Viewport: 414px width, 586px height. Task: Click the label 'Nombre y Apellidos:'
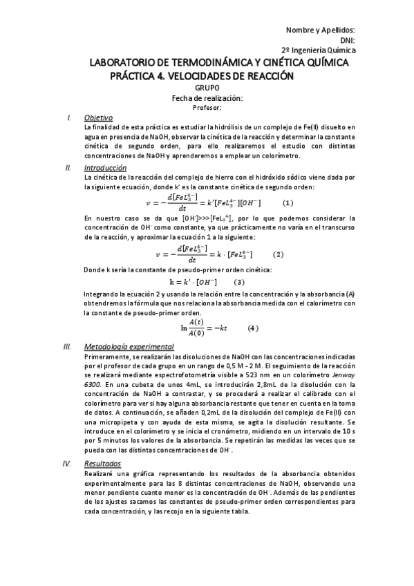(321, 30)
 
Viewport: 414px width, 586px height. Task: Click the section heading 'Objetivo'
(98, 117)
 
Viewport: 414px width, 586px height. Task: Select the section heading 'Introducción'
(105, 168)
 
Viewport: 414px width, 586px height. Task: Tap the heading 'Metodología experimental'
(129, 346)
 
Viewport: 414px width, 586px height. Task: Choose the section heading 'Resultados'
(102, 464)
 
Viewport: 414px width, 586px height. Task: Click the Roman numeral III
(67, 346)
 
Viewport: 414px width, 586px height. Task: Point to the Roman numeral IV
(68, 464)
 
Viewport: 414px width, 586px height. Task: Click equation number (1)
(288, 203)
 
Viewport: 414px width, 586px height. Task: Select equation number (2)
(279, 254)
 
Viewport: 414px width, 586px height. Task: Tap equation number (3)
(238, 282)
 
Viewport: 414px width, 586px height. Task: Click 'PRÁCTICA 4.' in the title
(138, 75)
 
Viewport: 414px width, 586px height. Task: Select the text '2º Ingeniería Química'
(319, 50)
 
